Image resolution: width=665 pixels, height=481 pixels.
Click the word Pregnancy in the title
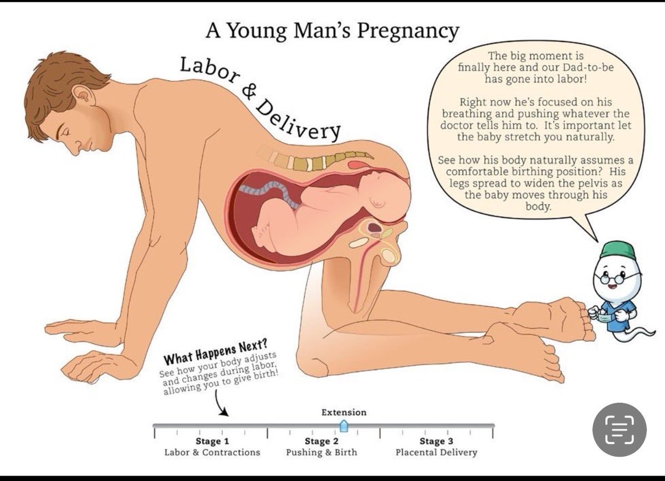click(x=408, y=32)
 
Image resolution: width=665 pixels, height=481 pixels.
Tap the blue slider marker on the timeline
click(x=344, y=426)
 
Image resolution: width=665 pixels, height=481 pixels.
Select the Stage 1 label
click(x=212, y=441)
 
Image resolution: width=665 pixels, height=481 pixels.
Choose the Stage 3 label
click(x=436, y=441)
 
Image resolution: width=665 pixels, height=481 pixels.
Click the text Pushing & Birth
click(x=321, y=452)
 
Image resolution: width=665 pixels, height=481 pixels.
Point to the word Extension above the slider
click(x=344, y=412)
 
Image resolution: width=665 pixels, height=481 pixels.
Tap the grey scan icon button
click(x=620, y=429)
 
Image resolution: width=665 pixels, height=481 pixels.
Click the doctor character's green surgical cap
click(x=617, y=250)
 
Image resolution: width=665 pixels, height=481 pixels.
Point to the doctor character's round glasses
click(x=616, y=279)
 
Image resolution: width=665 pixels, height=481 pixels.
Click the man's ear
click(x=83, y=96)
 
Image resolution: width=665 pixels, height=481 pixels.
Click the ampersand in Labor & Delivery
click(x=249, y=93)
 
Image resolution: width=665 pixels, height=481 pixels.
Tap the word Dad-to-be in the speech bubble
click(x=588, y=67)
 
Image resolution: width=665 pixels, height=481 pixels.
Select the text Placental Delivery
click(x=436, y=452)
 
